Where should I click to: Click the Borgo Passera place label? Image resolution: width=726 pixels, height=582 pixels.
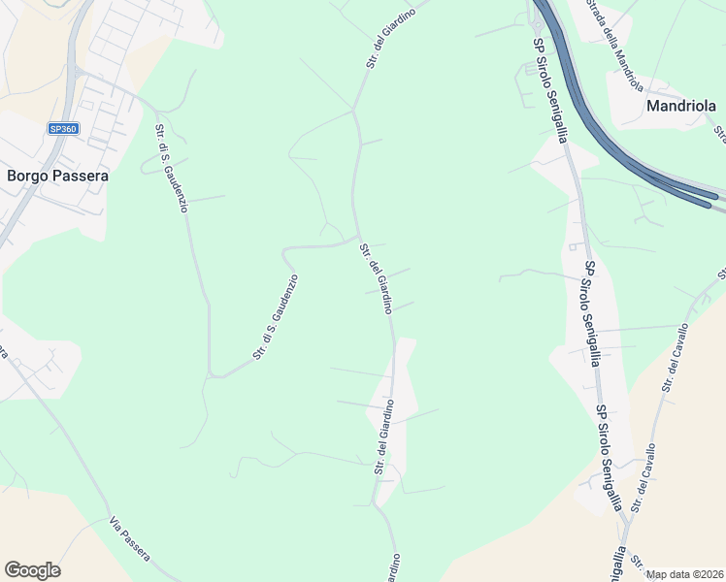pos(57,177)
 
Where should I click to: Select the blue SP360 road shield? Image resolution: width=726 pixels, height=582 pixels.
pos(63,128)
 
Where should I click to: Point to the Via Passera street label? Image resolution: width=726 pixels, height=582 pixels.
pos(130,535)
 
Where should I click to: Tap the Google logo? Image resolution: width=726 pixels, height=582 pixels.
pos(32,570)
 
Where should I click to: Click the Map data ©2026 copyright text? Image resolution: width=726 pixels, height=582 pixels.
pos(685,574)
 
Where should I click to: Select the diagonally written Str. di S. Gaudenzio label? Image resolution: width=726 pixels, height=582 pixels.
pos(276,317)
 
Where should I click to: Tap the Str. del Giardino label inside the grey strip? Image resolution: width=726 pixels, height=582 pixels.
pos(383,436)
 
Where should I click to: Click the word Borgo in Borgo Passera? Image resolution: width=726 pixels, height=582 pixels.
pos(28,177)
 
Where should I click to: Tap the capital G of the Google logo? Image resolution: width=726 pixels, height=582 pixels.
pos(13,570)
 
